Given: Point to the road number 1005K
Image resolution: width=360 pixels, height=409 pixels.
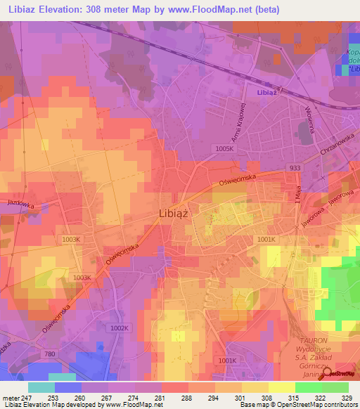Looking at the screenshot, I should pos(225,149).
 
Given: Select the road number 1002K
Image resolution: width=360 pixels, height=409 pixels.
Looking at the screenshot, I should pos(120,328).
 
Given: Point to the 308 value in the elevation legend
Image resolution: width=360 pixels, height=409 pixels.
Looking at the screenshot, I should pos(266,398).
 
